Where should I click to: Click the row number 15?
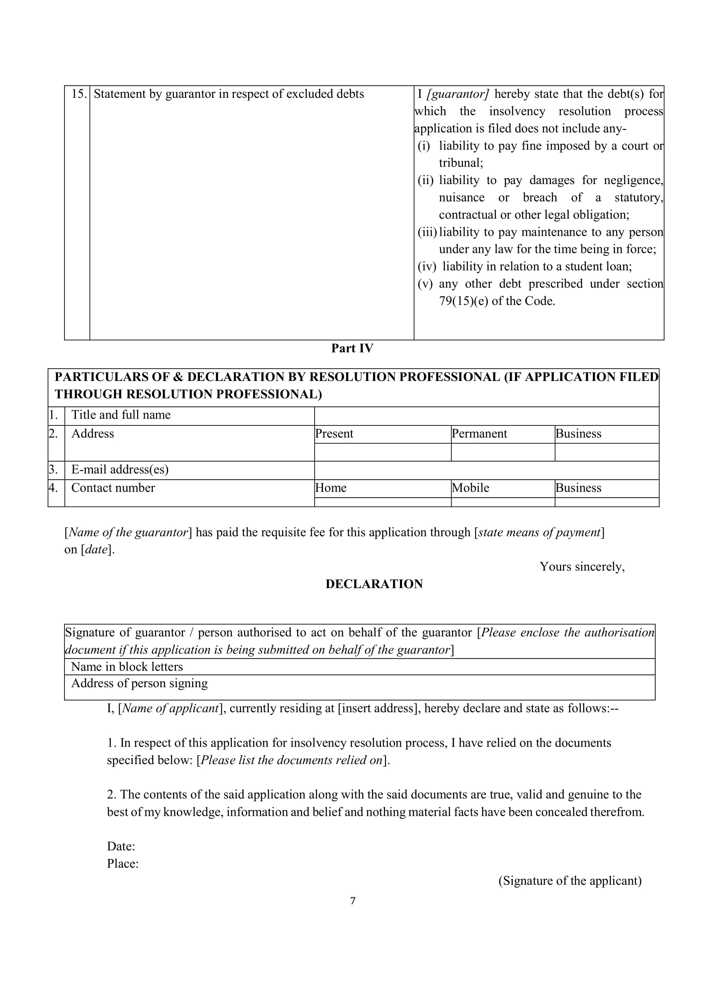pos(79,94)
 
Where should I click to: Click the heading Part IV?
pos(352,348)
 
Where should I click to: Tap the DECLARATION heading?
pos(374,584)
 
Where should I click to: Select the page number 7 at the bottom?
pos(353,901)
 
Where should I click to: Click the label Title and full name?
pos(121,415)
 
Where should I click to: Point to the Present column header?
pos(334,434)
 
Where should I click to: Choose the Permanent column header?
pos(479,434)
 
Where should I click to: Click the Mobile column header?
pos(470,488)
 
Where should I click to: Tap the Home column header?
pos(331,488)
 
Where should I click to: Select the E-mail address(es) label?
pos(120,469)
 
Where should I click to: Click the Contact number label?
pos(113,488)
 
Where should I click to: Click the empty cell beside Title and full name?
pos(487,416)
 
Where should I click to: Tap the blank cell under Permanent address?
pos(502,452)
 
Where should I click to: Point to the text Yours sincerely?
pos(582,566)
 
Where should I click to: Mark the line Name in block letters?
pos(127,667)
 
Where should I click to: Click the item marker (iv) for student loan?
pos(427,266)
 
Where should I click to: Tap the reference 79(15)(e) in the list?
pos(464,301)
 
